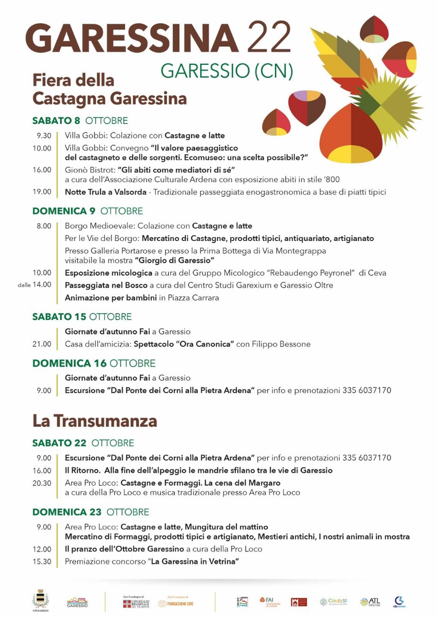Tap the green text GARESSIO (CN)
pyautogui.click(x=227, y=71)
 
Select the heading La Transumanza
pyautogui.click(x=94, y=421)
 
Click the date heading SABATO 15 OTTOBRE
pyautogui.click(x=82, y=317)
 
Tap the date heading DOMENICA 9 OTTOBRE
pyautogui.click(x=88, y=211)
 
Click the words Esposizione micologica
pyautogui.click(x=108, y=272)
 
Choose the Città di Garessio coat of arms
pyautogui.click(x=39, y=600)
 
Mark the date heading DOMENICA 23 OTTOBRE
pyautogui.click(x=91, y=512)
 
